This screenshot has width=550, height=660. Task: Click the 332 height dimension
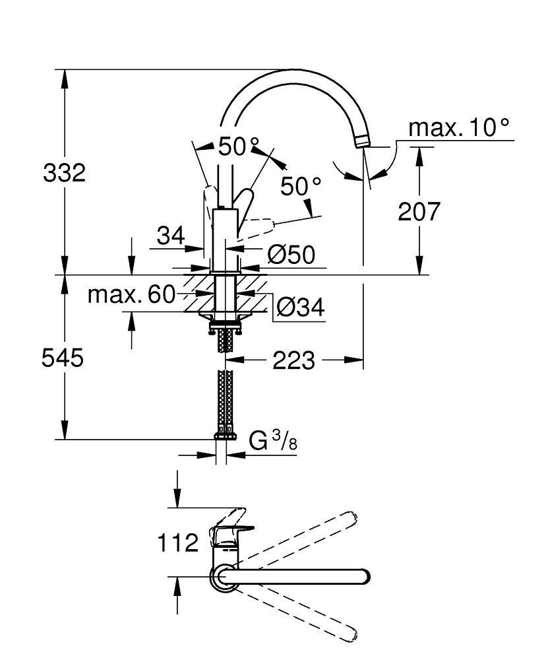pos(64,174)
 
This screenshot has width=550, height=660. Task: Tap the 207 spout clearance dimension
pos(418,212)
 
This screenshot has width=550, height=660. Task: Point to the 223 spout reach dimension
pos(294,360)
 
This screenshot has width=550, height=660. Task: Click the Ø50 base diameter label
pos(291,253)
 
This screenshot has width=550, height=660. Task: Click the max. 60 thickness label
pos(132,294)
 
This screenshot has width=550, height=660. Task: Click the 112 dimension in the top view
pos(177,543)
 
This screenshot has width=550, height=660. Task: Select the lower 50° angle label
pos(300,187)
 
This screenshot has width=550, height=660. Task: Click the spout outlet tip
pos(362,141)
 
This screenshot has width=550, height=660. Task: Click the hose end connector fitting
pos(226,435)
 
